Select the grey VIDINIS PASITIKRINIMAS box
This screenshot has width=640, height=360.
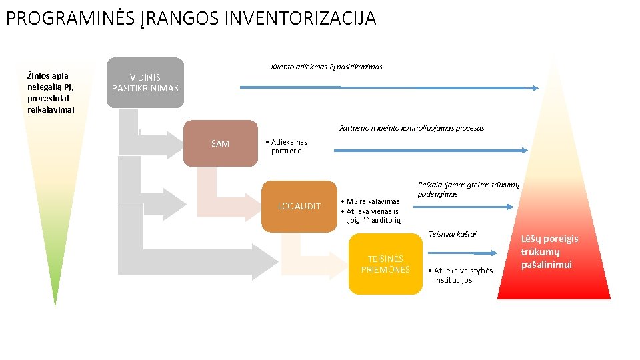click(x=145, y=83)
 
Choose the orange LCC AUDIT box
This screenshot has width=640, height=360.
click(x=299, y=206)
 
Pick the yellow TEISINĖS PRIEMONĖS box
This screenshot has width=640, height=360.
click(x=385, y=265)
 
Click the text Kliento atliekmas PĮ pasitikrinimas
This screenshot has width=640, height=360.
click(x=327, y=67)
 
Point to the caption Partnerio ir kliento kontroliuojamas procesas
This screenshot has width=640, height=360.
click(x=411, y=128)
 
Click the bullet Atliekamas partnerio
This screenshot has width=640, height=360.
click(x=287, y=146)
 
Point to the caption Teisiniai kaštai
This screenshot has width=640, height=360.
click(x=453, y=234)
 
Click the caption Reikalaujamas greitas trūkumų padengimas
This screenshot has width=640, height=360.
click(x=467, y=189)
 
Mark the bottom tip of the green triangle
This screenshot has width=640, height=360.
click(x=55, y=305)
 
